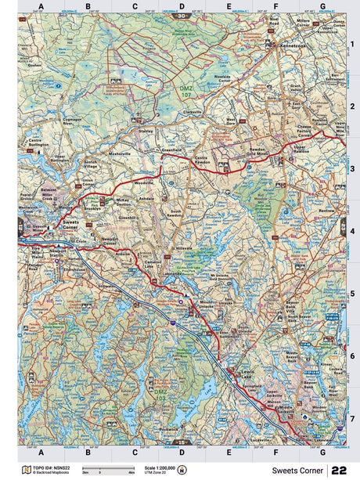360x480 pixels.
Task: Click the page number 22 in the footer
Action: (339, 470)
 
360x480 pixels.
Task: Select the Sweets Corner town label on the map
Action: (70, 225)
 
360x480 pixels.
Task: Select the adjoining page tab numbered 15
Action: (182, 443)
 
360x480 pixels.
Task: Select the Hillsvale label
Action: (183, 246)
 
